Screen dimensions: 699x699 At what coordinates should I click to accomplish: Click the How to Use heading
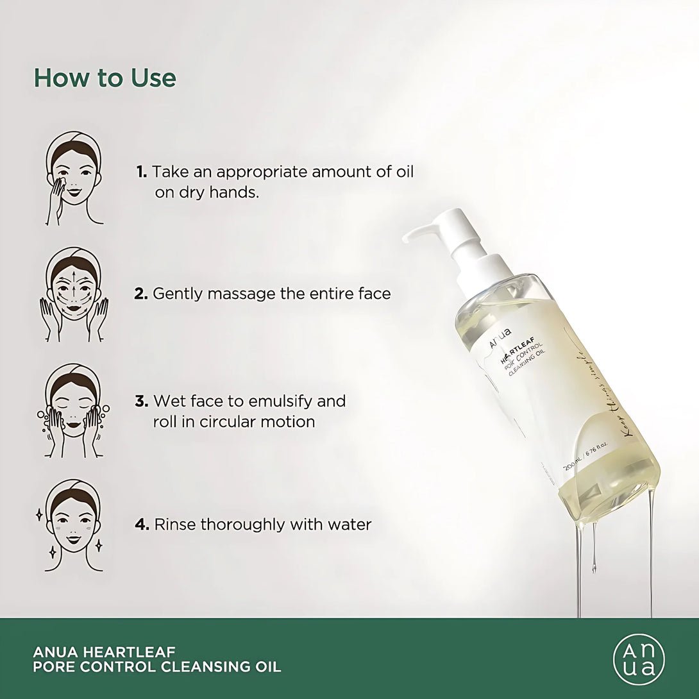point(105,78)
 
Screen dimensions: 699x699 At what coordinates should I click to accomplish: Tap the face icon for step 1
point(74,178)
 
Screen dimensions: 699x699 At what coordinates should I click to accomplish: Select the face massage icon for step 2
point(74,294)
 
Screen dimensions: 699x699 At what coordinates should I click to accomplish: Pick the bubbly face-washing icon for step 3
point(74,410)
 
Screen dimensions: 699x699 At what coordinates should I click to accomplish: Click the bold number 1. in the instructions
point(142,172)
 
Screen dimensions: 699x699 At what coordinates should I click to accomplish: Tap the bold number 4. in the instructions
point(142,525)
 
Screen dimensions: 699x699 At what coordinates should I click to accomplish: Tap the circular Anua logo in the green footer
point(639,659)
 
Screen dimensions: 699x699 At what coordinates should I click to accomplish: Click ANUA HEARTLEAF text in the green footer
point(104,652)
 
